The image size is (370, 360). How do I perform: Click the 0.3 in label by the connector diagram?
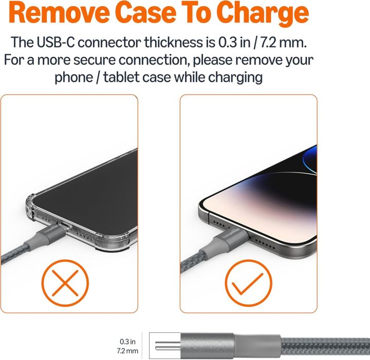(x=128, y=341)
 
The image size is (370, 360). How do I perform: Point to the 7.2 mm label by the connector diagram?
(x=128, y=351)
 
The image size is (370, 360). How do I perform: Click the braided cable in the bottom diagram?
(x=324, y=346)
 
